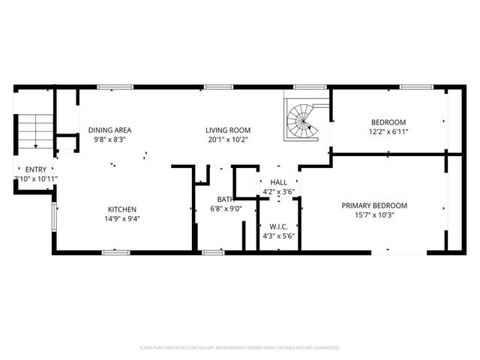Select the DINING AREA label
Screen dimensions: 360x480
(109, 130)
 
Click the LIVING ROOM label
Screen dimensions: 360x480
(228, 130)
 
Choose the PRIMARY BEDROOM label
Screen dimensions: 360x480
(374, 205)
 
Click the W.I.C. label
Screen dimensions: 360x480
(277, 226)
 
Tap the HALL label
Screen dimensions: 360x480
(278, 182)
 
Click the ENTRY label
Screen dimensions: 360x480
(35, 169)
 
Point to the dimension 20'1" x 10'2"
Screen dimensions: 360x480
(228, 139)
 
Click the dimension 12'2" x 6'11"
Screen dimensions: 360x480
(388, 132)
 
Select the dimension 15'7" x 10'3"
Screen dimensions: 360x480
(374, 215)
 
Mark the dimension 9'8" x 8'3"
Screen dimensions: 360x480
(109, 139)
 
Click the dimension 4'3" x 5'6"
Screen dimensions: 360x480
(277, 235)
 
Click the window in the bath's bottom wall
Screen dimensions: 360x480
(213, 252)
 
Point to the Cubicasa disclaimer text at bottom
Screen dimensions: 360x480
(240, 347)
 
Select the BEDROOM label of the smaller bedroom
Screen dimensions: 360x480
(388, 122)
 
